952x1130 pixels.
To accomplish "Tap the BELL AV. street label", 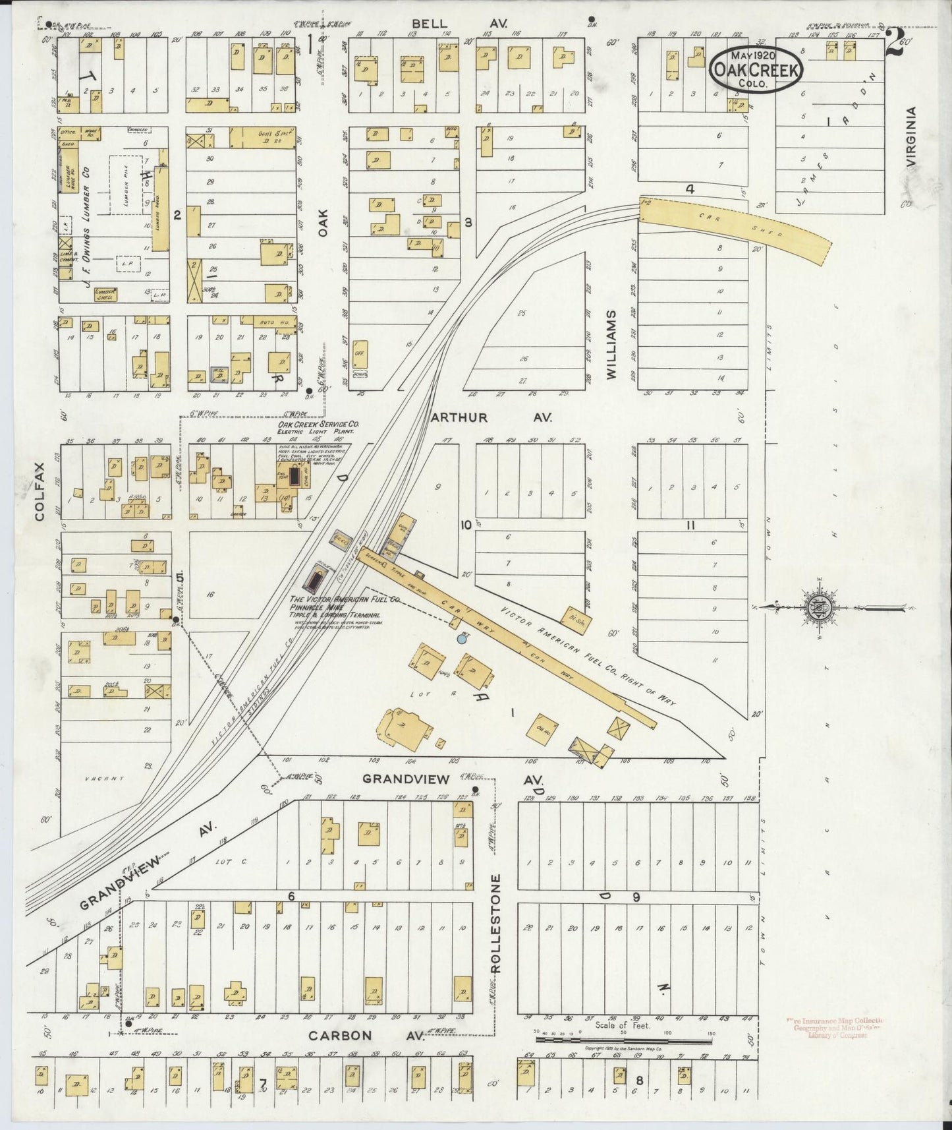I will click(468, 24).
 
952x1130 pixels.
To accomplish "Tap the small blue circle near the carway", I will click(462, 638).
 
